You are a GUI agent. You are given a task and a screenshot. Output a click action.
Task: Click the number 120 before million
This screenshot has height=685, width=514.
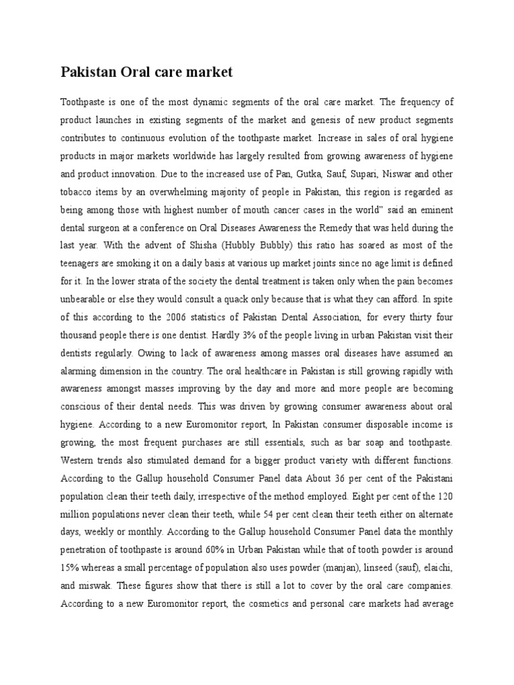[444, 497]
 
